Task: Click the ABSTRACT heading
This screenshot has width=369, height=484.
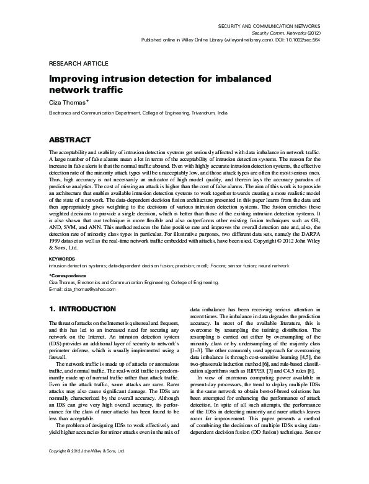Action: click(70, 140)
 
